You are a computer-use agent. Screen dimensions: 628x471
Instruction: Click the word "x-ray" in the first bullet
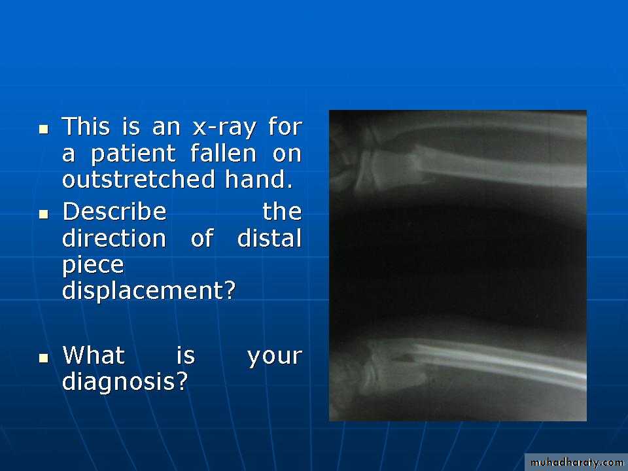[x=224, y=128]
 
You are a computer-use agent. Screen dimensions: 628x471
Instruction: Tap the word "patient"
[x=133, y=154]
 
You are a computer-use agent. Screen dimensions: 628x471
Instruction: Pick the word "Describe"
[x=114, y=211]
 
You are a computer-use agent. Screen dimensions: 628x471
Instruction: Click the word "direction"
[x=114, y=238]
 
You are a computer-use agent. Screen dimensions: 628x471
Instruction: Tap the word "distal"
[x=269, y=238]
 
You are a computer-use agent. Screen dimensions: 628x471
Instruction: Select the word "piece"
[x=94, y=266]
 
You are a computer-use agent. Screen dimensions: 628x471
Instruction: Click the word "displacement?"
[x=148, y=290]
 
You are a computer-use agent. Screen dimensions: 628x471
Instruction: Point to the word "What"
[x=94, y=355]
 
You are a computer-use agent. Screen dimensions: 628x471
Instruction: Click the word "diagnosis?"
[x=125, y=381]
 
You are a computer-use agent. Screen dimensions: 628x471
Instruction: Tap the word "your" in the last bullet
[x=275, y=357]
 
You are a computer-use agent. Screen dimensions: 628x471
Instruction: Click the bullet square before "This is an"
[x=44, y=129]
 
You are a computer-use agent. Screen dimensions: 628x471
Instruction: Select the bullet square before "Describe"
[x=44, y=215]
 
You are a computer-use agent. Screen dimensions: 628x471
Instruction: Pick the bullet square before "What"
[x=44, y=358]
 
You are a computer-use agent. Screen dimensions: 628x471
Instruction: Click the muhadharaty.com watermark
[x=576, y=462]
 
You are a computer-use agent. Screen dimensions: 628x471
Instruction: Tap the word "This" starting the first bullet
[x=86, y=126]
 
